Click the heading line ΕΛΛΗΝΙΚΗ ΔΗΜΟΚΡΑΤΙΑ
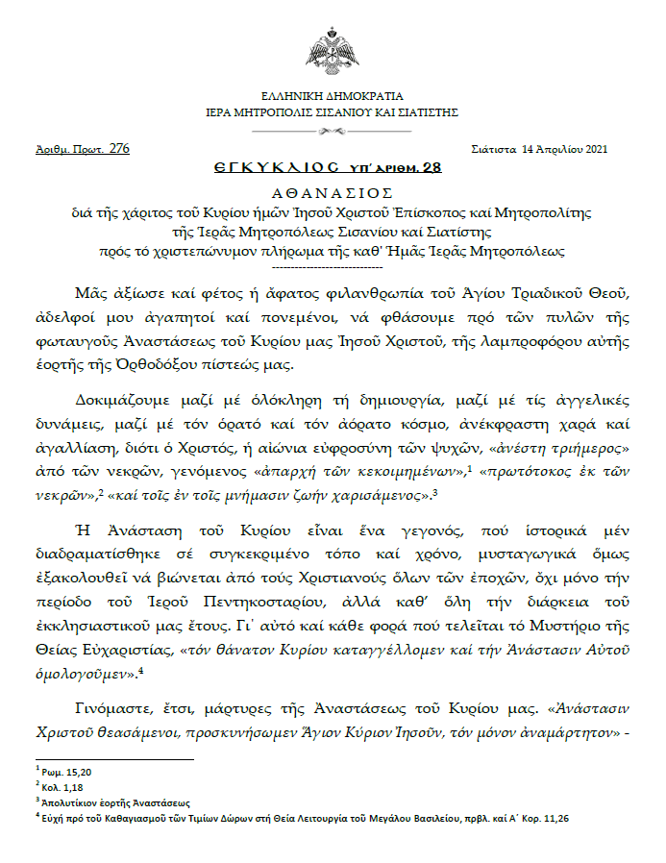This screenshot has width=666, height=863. tap(333, 97)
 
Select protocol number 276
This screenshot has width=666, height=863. tap(119, 148)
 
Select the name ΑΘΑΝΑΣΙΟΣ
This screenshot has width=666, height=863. tap(333, 191)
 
